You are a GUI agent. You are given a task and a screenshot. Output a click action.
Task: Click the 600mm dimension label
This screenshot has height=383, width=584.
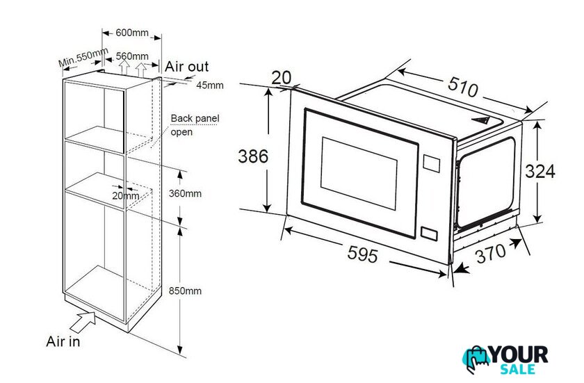(132, 33)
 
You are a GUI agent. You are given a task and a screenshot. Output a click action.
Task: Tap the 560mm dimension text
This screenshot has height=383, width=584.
(132, 56)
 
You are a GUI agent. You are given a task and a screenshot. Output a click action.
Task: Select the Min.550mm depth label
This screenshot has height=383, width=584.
(83, 57)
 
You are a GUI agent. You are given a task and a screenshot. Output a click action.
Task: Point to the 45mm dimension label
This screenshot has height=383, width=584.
(210, 85)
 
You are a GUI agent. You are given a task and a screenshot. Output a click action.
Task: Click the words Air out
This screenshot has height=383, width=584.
(186, 67)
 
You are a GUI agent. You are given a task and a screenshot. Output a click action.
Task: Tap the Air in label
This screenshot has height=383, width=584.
(63, 341)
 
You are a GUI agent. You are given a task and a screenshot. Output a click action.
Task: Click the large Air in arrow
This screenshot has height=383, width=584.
(83, 323)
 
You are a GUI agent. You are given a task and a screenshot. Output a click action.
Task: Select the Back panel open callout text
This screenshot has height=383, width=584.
(195, 125)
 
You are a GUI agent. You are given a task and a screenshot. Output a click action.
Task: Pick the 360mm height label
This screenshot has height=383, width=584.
(185, 193)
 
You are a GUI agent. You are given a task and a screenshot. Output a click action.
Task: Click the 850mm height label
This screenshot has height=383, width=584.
(185, 291)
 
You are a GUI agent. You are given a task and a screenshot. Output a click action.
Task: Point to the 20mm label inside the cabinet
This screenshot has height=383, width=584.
(126, 195)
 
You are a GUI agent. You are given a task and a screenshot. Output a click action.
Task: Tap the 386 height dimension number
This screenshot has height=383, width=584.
(253, 156)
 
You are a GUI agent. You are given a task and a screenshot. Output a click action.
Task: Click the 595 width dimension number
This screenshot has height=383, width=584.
(362, 254)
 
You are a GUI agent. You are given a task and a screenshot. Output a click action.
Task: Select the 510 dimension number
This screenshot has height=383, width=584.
(462, 87)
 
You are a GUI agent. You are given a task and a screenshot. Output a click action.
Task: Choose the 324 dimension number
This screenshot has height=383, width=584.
(540, 172)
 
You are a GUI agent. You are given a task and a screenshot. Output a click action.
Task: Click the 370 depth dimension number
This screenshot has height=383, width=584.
(492, 253)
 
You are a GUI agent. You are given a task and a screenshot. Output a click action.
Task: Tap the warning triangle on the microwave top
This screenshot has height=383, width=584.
(480, 120)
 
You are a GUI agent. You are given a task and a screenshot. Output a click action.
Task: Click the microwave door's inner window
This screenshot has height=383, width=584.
(359, 174)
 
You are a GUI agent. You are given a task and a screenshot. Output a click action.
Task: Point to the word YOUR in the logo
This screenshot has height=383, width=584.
(519, 355)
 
